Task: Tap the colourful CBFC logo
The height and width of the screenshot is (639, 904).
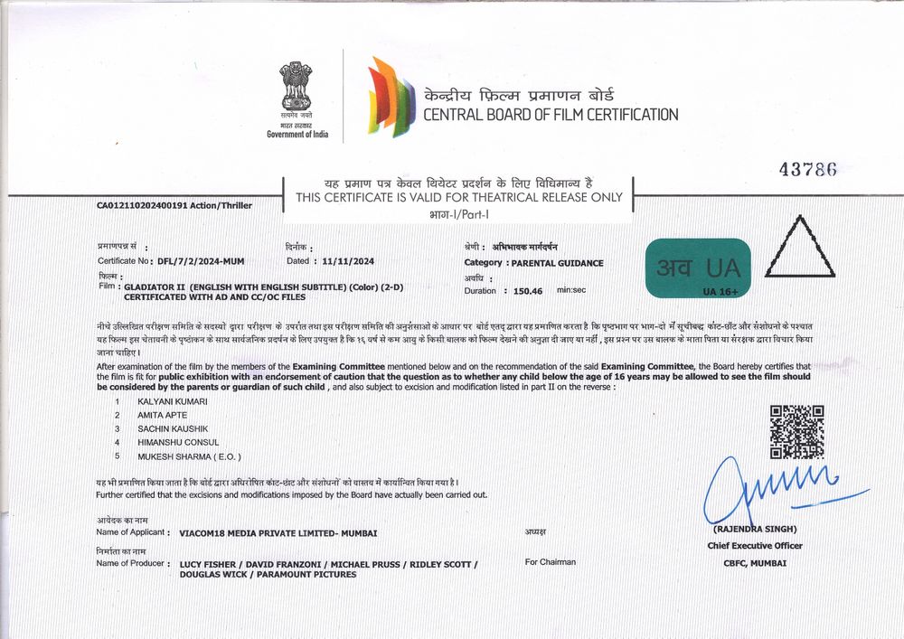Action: point(391,97)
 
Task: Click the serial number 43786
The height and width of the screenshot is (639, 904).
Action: point(807,170)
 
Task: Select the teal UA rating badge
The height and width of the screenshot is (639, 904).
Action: point(699,268)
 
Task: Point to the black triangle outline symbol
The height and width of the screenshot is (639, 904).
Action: point(799,248)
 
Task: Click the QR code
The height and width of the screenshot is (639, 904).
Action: point(796,432)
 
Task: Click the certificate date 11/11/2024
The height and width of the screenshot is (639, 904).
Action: point(348,261)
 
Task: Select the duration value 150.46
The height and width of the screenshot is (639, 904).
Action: point(528,291)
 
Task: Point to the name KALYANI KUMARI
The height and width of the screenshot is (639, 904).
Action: point(173,400)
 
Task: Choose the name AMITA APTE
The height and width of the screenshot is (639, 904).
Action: point(163,414)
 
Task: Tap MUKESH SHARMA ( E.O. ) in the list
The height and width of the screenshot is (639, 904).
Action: point(189,456)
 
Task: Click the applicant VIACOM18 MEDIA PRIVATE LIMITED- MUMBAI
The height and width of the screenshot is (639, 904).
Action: point(278,533)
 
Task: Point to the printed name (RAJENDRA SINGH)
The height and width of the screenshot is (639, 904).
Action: point(756,530)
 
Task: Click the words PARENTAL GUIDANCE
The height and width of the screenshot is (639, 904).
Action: point(557,263)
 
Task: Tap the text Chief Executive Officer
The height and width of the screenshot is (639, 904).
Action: point(755,546)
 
